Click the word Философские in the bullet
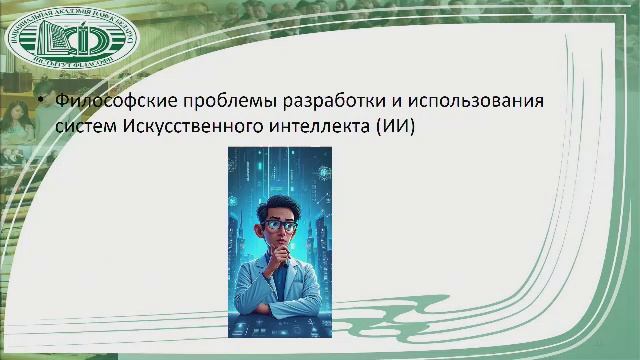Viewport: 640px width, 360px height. pos(108,102)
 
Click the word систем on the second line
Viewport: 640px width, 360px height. pos(87,127)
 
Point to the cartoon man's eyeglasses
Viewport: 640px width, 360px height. pos(281,225)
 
